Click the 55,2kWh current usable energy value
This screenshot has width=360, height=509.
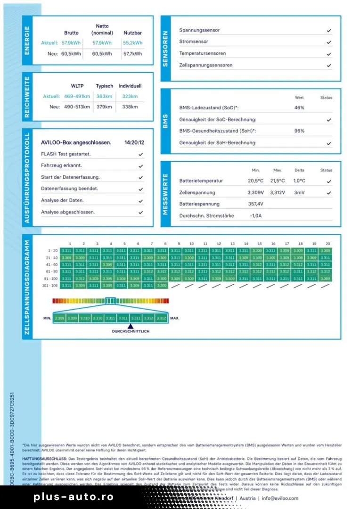coord(132,42)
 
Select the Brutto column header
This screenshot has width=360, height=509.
coord(71,33)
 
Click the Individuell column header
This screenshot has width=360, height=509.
coord(130,86)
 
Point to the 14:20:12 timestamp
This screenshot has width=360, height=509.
coord(134,142)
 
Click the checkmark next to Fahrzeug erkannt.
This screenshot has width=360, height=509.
coord(140,166)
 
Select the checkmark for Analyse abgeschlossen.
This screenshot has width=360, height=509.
coord(140,212)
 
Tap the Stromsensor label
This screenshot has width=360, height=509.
coord(194,42)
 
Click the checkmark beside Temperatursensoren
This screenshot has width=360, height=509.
coord(329,54)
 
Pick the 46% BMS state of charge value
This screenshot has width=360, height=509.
coord(299,108)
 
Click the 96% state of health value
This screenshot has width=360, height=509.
coord(299,131)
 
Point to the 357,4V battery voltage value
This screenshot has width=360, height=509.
coord(255,204)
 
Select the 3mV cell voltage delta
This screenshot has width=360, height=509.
coord(299,192)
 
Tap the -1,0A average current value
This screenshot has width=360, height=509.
coord(255,215)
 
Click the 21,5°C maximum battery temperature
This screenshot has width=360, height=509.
coord(278,181)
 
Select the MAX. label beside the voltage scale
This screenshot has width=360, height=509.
coord(175,318)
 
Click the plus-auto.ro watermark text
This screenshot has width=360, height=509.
coord(74,497)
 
